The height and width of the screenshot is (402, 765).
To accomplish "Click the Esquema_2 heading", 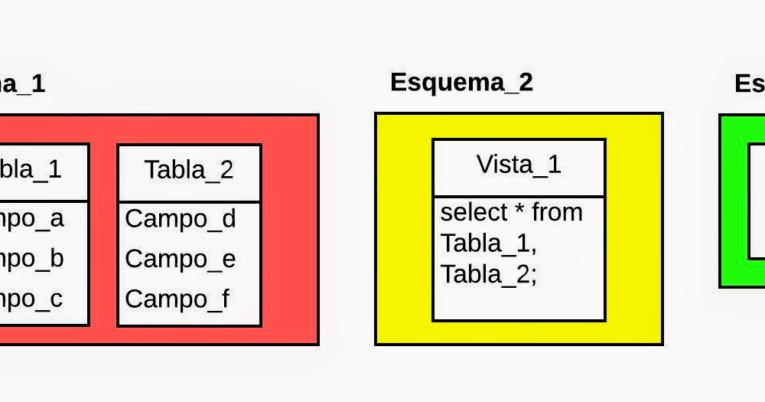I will [x=461, y=82].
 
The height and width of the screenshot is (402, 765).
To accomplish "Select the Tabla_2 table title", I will [x=189, y=170].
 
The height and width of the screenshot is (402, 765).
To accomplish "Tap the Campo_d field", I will [x=181, y=219].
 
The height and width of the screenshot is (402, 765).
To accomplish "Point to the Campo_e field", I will [x=181, y=260].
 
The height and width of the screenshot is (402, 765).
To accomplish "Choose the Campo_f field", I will [x=177, y=299].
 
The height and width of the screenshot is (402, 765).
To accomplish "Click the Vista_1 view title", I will [x=519, y=164].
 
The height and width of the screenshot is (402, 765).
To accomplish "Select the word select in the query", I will [x=474, y=212].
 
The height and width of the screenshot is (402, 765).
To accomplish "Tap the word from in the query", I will [x=557, y=212].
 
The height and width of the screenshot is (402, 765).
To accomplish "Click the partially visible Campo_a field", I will [x=32, y=219].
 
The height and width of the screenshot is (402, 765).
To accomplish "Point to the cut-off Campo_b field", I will [x=32, y=259].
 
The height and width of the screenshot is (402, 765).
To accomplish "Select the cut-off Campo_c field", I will [x=32, y=299].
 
